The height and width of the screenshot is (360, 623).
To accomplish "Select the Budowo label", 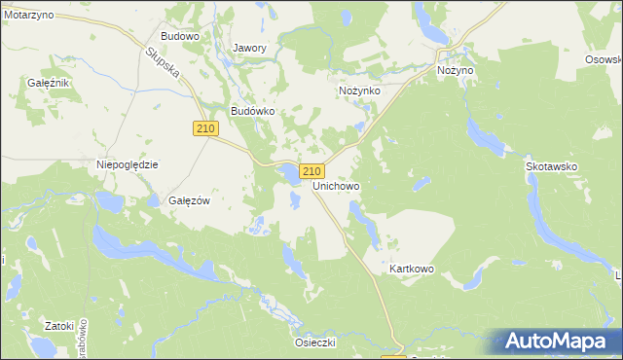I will coord(179,36).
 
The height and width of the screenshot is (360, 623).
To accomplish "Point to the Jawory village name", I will coord(250,48).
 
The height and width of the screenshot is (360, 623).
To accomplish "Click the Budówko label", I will coord(252,111).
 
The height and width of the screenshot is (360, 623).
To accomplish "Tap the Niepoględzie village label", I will coord(128,165).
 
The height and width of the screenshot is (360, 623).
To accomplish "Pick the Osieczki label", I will coord(314,342).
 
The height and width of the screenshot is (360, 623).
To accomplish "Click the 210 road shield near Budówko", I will coord(204,128).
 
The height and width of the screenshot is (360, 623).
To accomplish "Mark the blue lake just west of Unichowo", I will coord(289,175).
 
